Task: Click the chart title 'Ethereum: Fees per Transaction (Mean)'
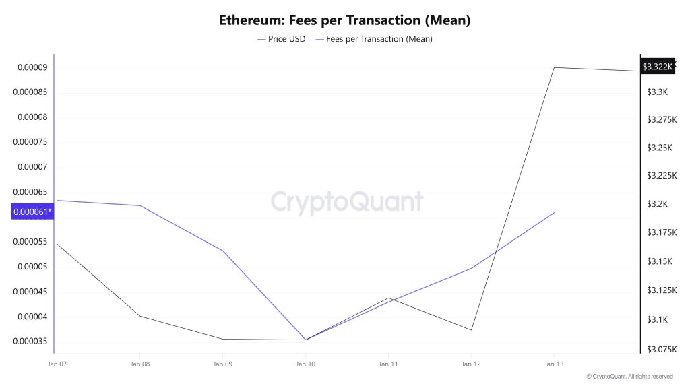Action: pos(344,20)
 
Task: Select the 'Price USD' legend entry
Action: pos(281,39)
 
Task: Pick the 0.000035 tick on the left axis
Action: pos(30,342)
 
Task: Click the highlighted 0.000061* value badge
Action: pos(32,212)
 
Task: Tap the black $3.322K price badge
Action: pos(657,67)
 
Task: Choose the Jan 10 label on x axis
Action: pos(305,364)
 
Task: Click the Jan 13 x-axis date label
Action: pos(553,364)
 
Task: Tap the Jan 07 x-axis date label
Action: pos(57,364)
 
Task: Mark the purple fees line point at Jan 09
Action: pos(223,251)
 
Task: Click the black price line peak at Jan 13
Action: pos(554,67)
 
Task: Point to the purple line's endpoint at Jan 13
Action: pos(554,213)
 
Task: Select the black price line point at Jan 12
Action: pos(471,329)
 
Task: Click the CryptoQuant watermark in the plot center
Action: pos(347,202)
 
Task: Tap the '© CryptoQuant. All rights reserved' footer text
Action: pos(629,376)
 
